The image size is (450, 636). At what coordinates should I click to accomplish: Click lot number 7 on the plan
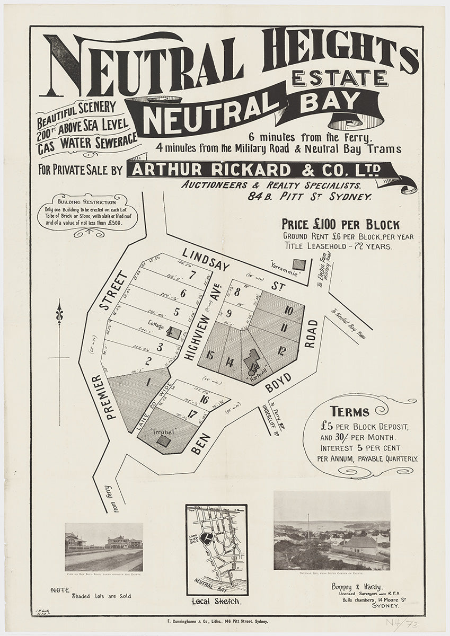193,275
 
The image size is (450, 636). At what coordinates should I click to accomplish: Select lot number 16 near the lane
204,400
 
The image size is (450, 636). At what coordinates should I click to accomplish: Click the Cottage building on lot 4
174,333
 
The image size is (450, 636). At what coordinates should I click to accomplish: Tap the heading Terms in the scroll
350,411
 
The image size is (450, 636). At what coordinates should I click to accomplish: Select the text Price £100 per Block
341,224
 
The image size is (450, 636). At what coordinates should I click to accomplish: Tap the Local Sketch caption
216,602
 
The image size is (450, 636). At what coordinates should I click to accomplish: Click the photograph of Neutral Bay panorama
332,531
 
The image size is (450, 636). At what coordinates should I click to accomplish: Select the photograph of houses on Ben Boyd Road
104,546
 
